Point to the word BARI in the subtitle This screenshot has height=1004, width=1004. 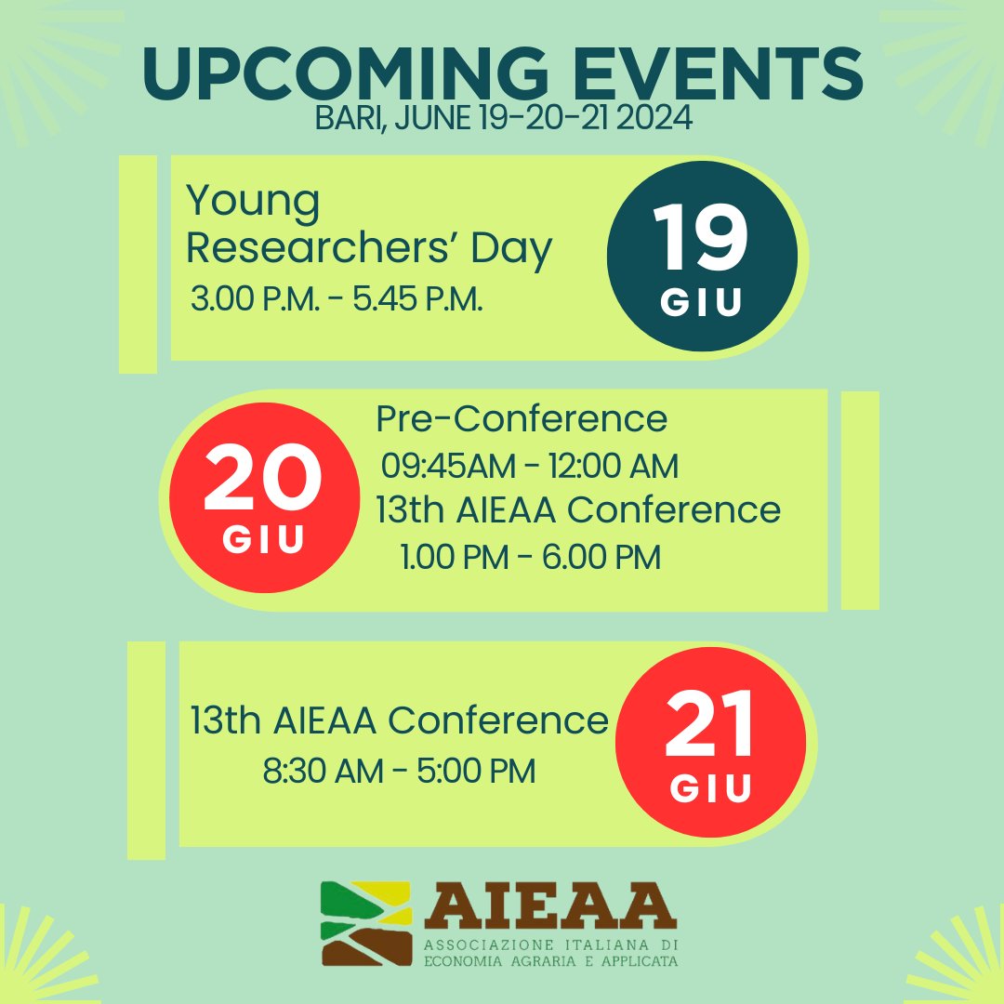pos(345,121)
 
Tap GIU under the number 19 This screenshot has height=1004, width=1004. pos(702,303)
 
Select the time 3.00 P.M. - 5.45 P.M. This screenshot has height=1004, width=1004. pos(337,300)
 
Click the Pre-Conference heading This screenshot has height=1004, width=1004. pos(522,419)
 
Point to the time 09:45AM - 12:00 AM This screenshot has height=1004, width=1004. pos(530,465)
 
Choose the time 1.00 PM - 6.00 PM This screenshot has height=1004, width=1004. pos(531,558)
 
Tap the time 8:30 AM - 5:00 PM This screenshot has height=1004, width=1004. pos(400,771)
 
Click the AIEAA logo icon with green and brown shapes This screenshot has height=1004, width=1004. pos(366,922)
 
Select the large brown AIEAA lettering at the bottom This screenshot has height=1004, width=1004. pos(548,908)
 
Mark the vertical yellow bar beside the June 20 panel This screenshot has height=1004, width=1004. pos(860,500)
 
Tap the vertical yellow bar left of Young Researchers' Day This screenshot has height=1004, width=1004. pos(138,265)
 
